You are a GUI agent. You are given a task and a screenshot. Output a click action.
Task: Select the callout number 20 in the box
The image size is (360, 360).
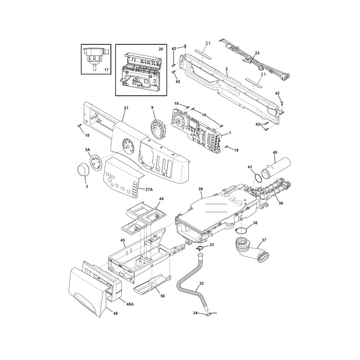[160, 49]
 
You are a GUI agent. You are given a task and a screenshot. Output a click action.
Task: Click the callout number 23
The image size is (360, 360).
[256, 53]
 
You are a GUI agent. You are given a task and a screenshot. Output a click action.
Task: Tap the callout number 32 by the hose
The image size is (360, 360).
[201, 283]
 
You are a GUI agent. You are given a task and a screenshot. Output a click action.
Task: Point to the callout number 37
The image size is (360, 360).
[264, 240]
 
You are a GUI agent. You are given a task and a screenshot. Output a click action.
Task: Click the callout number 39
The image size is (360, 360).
[200, 189]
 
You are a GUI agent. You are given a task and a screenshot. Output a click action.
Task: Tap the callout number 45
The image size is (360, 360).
[122, 240]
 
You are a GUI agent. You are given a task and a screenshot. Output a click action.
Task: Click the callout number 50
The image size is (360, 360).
[162, 296]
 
